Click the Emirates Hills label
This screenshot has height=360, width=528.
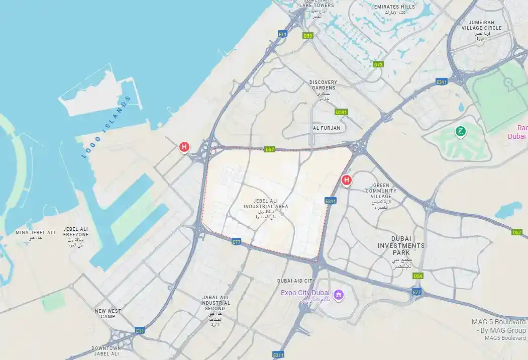pos(394,7)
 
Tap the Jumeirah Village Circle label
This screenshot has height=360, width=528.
pos(485,25)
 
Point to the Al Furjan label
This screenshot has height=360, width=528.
pos(327,128)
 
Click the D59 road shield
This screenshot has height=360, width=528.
pos(308,36)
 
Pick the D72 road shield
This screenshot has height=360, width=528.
pos(378,64)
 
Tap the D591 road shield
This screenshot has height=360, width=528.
pos(342,112)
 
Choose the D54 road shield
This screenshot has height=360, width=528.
pos(418,276)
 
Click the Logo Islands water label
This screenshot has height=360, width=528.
pos(106,127)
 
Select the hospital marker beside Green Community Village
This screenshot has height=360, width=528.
pos(346,180)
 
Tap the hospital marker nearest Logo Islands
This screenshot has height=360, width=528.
pos(184,147)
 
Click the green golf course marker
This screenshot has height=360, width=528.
pos(460,132)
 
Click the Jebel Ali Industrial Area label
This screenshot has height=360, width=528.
pos(266,204)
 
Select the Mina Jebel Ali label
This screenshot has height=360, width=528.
pos(35,233)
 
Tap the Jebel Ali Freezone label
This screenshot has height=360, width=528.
pos(76,232)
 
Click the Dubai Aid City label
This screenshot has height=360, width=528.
pos(296,281)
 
